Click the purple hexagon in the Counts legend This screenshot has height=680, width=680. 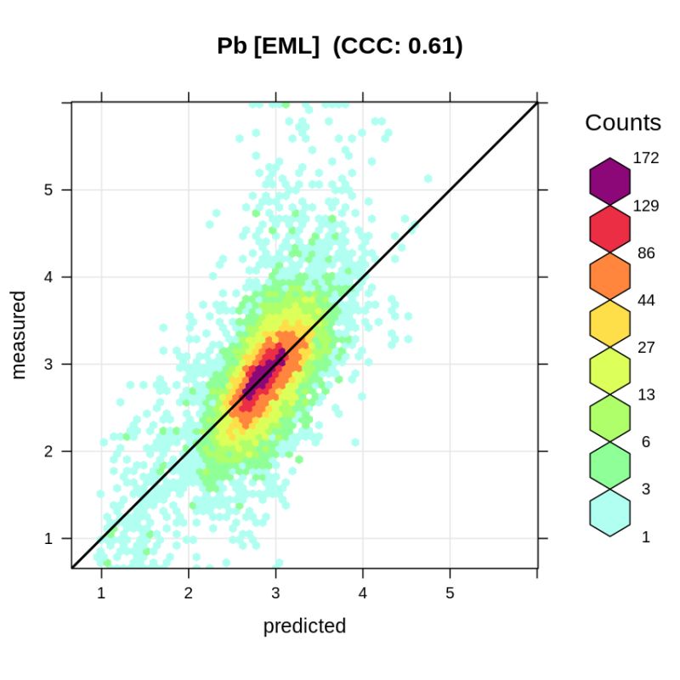pyautogui.click(x=609, y=181)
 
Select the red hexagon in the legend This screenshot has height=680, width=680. pyautogui.click(x=609, y=229)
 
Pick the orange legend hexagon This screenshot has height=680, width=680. pyautogui.click(x=609, y=276)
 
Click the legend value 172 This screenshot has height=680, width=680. pyautogui.click(x=646, y=159)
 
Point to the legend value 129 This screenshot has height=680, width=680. pyautogui.click(x=646, y=206)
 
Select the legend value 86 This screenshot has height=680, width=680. pyautogui.click(x=646, y=253)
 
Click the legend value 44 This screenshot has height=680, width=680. pyautogui.click(x=646, y=300)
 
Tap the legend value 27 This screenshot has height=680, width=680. pyautogui.click(x=646, y=348)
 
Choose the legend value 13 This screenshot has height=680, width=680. pyautogui.click(x=646, y=395)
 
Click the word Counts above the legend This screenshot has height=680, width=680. pyautogui.click(x=623, y=123)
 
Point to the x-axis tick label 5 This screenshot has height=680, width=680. pyautogui.click(x=450, y=592)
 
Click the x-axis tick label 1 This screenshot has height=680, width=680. pyautogui.click(x=102, y=592)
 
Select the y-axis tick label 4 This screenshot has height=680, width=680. pyautogui.click(x=48, y=277)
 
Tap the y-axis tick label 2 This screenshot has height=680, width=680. pyautogui.click(x=48, y=451)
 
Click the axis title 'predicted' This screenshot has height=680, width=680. pyautogui.click(x=304, y=627)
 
